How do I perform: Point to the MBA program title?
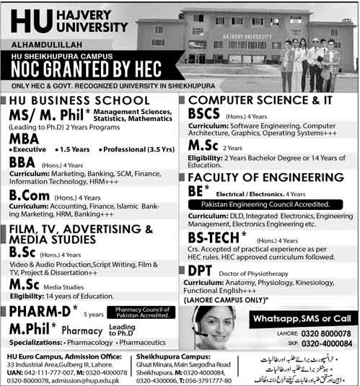pos(26,141)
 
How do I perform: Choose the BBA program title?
pos(24,165)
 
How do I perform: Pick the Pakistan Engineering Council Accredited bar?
pos(265,204)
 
